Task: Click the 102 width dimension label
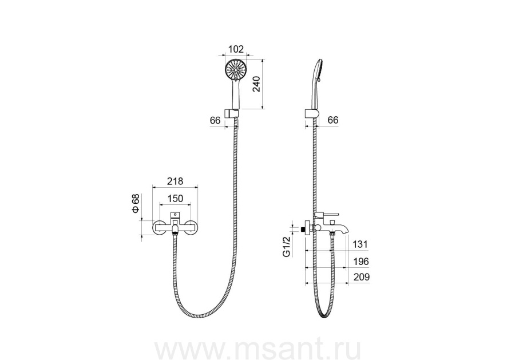236,49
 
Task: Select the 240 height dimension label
257,84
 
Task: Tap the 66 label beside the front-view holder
215,121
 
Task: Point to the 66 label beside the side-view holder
333,120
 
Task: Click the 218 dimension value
175,181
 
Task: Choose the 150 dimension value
175,199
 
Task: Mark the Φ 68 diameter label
136,204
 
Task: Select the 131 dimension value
360,244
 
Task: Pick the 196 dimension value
361,262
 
